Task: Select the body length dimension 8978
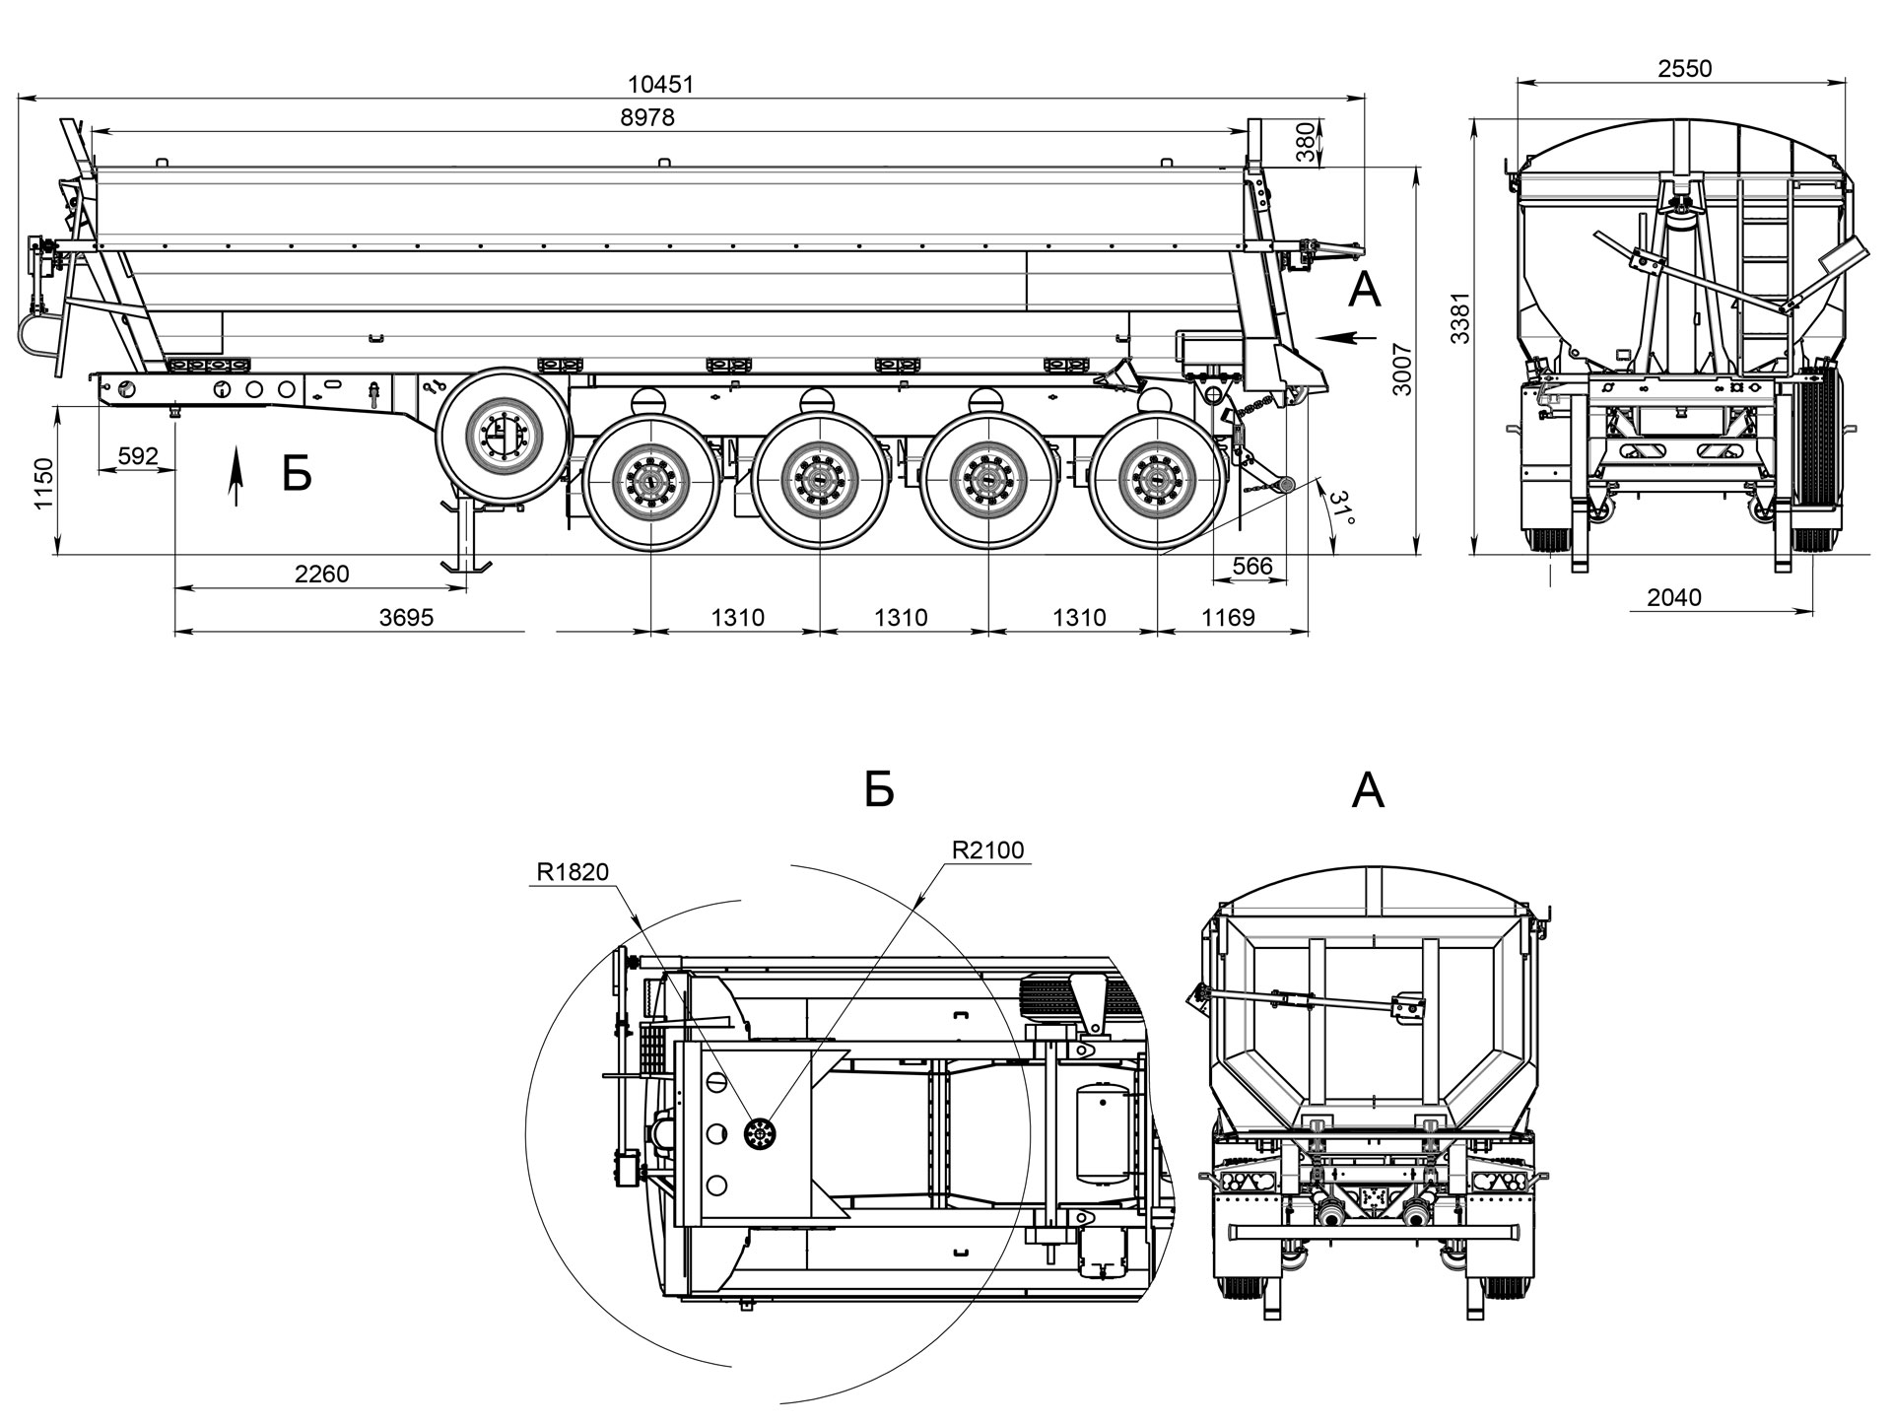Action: [647, 117]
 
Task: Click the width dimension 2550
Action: [1685, 68]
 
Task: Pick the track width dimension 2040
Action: [1674, 597]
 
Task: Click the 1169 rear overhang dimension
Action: [1228, 618]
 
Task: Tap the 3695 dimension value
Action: [406, 618]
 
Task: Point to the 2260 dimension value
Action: [322, 574]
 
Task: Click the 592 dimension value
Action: [138, 456]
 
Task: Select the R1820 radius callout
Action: [573, 871]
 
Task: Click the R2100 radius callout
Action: [987, 850]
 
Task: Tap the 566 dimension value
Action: [1252, 567]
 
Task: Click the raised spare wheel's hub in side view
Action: [505, 434]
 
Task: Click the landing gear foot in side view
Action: [466, 566]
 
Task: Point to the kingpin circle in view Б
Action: [758, 1134]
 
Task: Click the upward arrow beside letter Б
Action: [235, 476]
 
